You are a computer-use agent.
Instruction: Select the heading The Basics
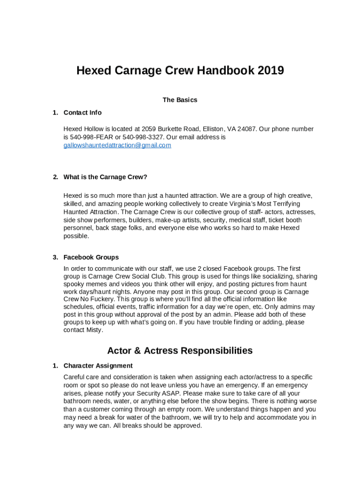tap(180, 100)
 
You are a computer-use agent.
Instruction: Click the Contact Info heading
tap(82, 113)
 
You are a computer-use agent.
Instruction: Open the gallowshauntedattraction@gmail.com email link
tap(117, 145)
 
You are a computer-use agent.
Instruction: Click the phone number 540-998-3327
tap(144, 137)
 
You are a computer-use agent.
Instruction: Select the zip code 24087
tap(247, 129)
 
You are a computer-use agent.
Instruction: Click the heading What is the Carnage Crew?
tap(105, 177)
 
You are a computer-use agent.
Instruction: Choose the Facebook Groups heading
tap(91, 257)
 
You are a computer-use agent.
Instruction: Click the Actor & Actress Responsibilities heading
tap(180, 350)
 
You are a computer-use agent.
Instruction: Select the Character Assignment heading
tap(98, 366)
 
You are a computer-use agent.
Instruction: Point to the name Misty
tap(93, 330)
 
